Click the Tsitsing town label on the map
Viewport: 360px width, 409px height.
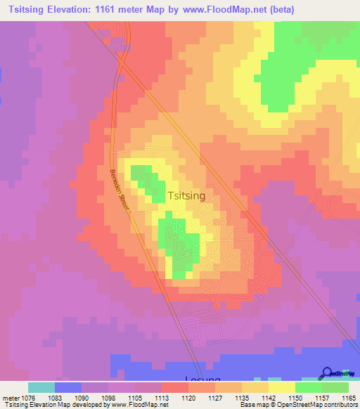(x=186, y=197)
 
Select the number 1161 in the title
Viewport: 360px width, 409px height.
(x=131, y=9)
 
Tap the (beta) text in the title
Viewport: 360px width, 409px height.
(x=280, y=9)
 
